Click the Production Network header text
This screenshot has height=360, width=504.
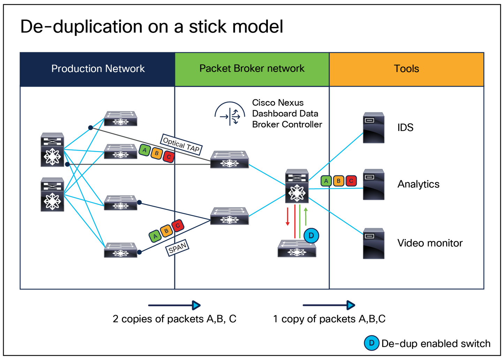coord(98,69)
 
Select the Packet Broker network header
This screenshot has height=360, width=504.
coord(252,68)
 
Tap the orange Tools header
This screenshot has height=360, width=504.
coord(406,69)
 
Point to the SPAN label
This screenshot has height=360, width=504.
coord(178,248)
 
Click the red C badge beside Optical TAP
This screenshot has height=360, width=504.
coord(169,157)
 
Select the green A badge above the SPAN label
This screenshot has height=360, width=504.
coord(155,236)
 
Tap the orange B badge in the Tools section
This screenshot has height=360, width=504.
coord(338,181)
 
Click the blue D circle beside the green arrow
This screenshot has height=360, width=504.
coord(311,235)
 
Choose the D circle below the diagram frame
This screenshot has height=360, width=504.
coord(371,343)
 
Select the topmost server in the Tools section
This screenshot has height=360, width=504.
coord(374,128)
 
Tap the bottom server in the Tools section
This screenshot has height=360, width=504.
coord(374,243)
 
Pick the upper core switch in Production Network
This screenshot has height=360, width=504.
coord(52,150)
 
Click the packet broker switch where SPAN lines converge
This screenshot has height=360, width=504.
coord(230,216)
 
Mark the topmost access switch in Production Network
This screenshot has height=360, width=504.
coord(121,119)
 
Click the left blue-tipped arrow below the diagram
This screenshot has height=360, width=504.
coord(174,306)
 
